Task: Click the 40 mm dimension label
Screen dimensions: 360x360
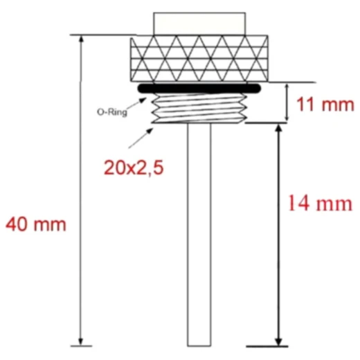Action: pos(36,225)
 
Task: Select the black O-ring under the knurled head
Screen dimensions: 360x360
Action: pos(199,89)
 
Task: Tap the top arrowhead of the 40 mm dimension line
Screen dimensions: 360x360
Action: pos(82,39)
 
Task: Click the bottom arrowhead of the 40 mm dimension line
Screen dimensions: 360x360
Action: pos(82,339)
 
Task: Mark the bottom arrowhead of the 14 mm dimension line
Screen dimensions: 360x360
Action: pos(279,339)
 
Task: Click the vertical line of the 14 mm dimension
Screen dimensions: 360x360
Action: pos(279,235)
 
